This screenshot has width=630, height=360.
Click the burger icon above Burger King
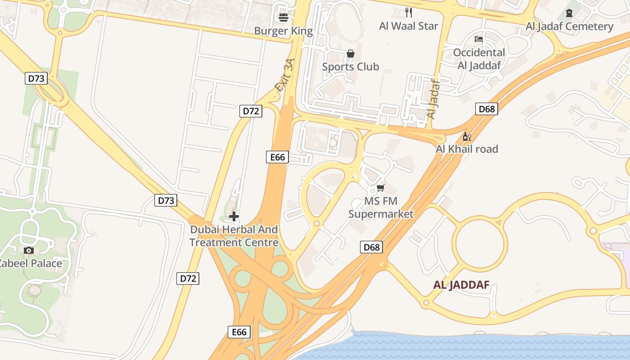pos(283,18)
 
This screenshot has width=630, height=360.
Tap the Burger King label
pos(283,31)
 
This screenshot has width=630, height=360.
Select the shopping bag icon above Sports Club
pos(351,54)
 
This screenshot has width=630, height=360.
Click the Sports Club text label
pos(351,67)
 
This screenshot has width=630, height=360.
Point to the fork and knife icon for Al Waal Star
pos(409,13)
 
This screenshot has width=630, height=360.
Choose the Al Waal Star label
pos(409,26)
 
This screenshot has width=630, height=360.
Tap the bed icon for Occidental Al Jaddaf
pos(479,39)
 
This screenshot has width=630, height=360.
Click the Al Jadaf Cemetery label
pos(569,26)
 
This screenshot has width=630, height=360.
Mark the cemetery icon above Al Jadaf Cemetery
pos(569,13)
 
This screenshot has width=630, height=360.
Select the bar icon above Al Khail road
pos(467,136)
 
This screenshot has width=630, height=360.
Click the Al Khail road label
pos(467,149)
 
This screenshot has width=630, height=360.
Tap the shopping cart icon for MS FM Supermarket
pos(381,188)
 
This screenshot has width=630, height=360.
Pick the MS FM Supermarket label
pos(381,207)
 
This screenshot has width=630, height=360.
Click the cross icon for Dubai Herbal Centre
pos(234,216)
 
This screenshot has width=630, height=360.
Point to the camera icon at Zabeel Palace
pos(29,250)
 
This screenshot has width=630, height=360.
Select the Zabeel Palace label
pos(31,263)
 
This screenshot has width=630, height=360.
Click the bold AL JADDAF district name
pos(461,285)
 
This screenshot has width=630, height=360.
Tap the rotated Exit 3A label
pos(286,75)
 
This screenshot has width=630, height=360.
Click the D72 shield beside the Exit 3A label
pos(250,111)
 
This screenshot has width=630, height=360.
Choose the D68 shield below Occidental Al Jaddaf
pos(486,109)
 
